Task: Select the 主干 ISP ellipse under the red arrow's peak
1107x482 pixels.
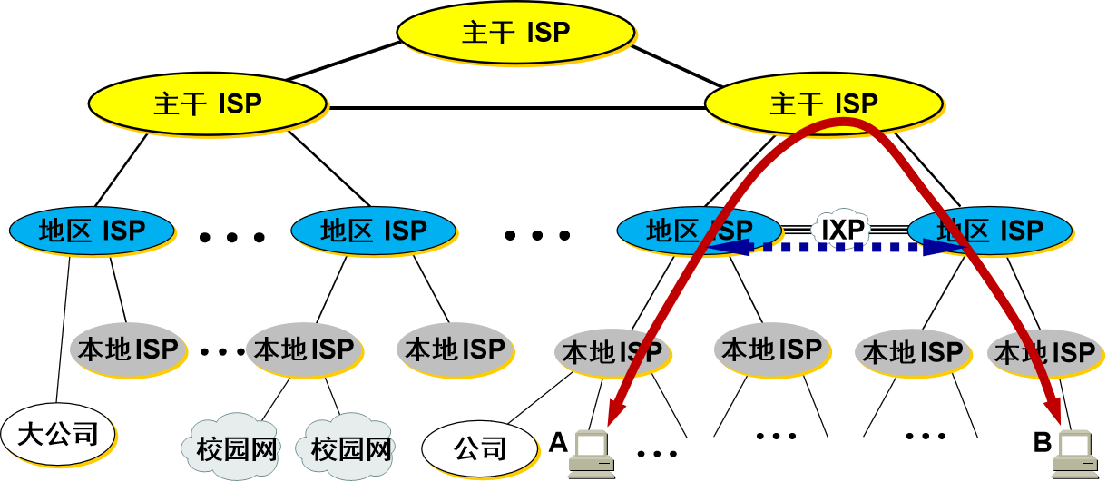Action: tap(824, 103)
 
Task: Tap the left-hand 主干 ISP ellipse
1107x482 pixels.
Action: tap(208, 103)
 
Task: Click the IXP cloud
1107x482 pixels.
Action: tap(843, 230)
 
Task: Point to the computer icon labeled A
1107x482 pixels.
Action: tap(591, 454)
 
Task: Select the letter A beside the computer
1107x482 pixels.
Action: tap(558, 443)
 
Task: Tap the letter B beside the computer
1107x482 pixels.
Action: tap(1043, 443)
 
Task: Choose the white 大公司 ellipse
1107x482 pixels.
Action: tap(58, 434)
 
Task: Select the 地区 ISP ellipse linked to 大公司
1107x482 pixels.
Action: tap(92, 231)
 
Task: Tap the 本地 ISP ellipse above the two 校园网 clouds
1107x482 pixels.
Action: tap(303, 349)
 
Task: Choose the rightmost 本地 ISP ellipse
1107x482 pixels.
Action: tap(1043, 352)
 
